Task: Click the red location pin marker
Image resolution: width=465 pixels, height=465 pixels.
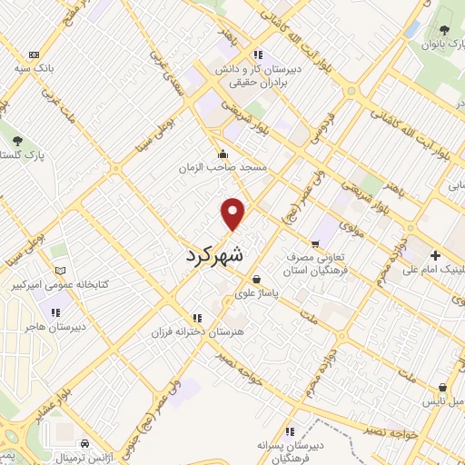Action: pyautogui.click(x=233, y=213)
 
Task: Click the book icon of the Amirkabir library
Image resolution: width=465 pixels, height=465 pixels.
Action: pyautogui.click(x=61, y=271)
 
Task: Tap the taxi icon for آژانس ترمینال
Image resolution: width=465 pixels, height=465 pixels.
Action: pyautogui.click(x=84, y=442)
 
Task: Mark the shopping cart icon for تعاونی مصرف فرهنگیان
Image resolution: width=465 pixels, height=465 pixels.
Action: pyautogui.click(x=315, y=242)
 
